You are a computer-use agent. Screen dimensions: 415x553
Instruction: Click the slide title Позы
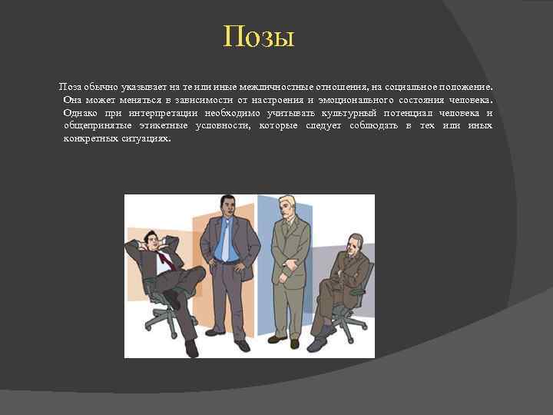259,37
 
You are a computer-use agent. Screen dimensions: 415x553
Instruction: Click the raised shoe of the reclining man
171,299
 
